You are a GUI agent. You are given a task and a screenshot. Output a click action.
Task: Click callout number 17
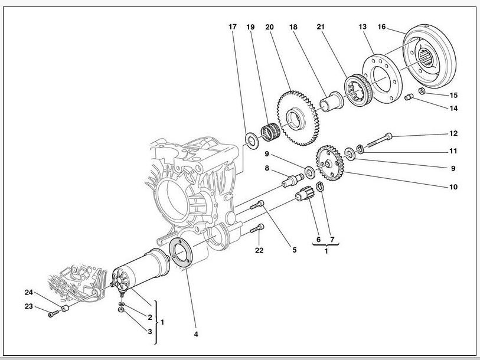233,27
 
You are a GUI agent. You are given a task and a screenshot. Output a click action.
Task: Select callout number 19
250,27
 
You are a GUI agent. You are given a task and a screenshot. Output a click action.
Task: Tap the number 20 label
269,27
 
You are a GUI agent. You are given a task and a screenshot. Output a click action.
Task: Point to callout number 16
381,27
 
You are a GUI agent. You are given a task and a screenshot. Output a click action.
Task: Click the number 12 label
453,133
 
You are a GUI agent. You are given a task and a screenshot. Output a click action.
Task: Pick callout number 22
259,250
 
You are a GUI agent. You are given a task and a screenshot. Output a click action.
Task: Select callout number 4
196,334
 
